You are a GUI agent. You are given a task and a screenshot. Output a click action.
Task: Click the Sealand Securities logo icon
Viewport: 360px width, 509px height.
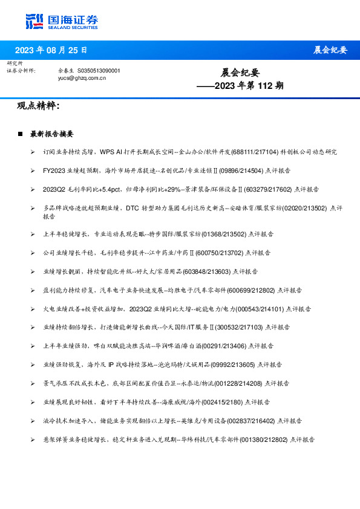coord(34,21)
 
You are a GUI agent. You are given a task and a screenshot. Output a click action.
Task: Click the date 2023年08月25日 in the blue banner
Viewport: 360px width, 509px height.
coord(51,50)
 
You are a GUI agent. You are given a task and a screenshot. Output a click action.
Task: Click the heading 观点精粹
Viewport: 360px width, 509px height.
coord(38,106)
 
